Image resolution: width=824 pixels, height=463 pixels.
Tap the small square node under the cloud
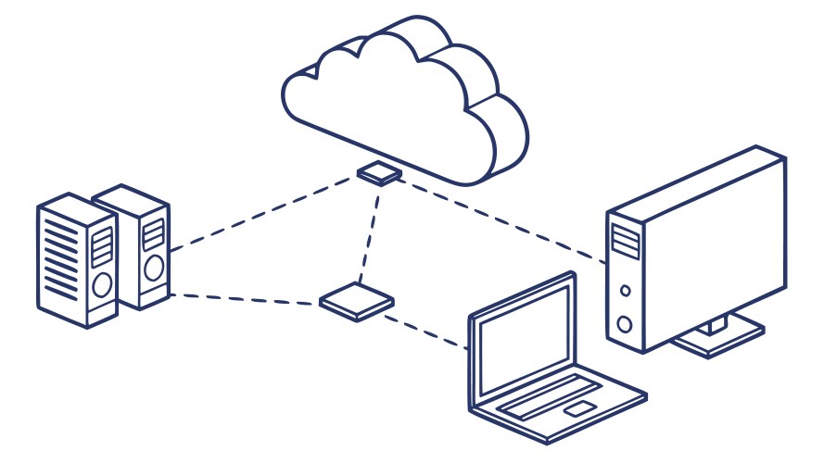click(379, 172)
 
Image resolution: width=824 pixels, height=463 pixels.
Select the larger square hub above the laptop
click(357, 301)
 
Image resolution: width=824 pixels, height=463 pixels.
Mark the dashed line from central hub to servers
click(246, 299)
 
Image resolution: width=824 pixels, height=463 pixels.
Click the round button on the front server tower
click(103, 282)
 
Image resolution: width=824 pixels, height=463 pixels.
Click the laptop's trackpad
click(580, 408)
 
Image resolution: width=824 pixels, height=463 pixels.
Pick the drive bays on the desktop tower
click(626, 240)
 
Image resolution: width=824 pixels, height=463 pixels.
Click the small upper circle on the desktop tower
click(626, 291)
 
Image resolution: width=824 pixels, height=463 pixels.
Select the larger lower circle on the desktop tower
click(626, 324)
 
